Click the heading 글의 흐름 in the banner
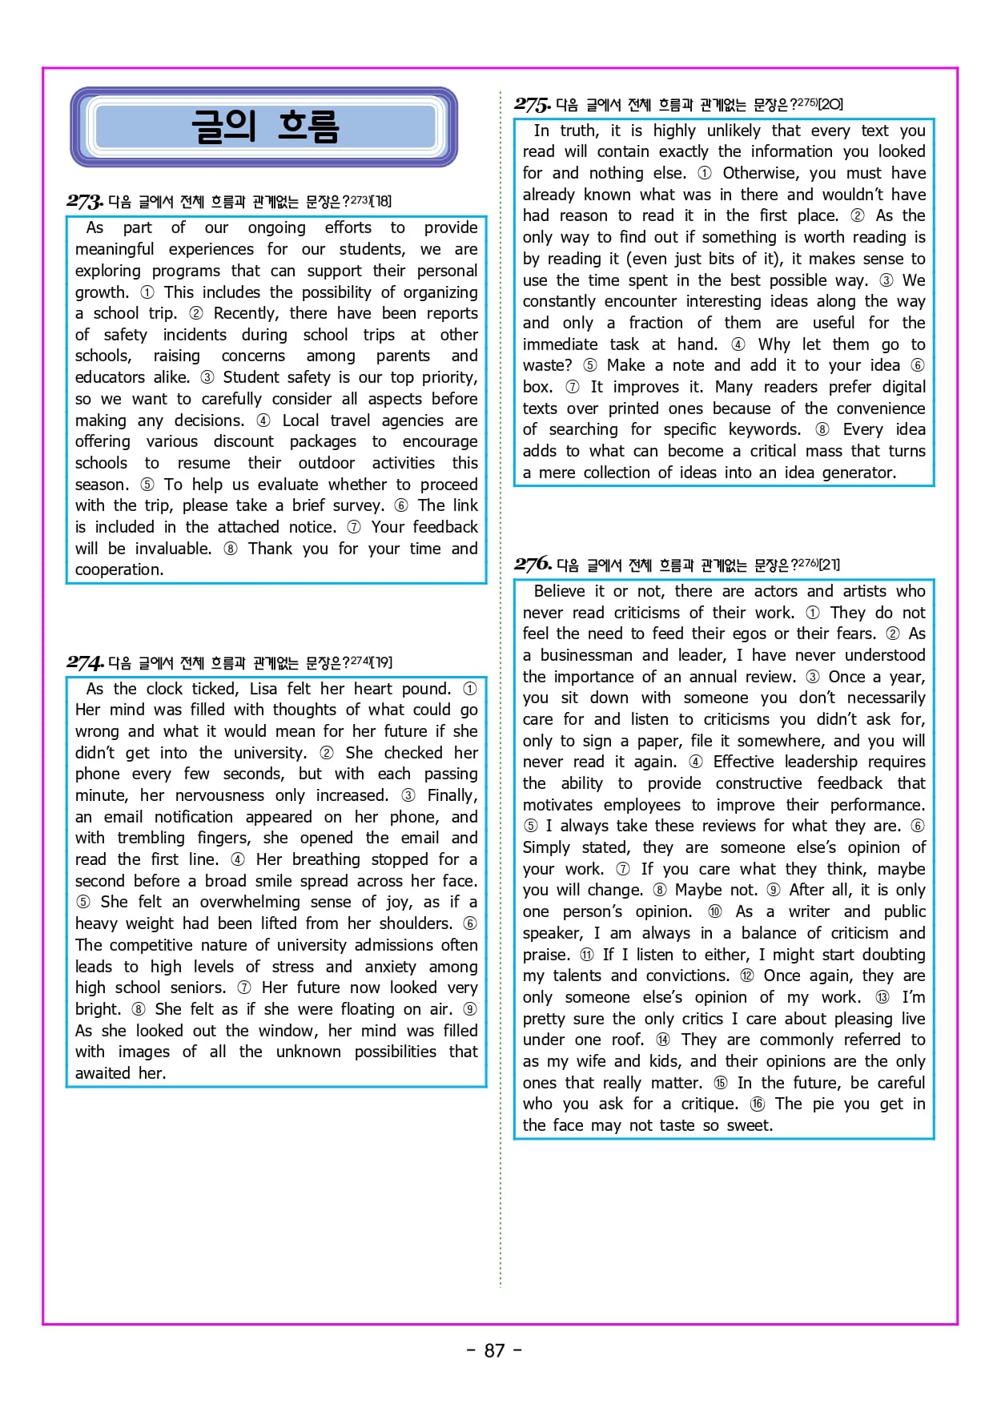coord(264,127)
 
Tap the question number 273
coord(84,201)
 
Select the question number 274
coord(84,662)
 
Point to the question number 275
coord(532,105)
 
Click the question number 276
coord(533,565)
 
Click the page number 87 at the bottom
coord(494,1350)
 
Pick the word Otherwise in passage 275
coord(761,173)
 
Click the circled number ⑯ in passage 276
coord(757,1104)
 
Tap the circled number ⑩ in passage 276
coord(714,911)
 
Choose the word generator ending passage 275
coord(858,473)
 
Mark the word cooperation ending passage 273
coord(119,569)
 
